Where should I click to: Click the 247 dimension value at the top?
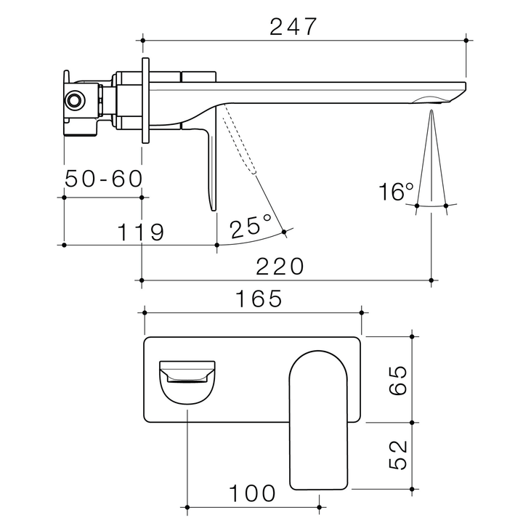pyautogui.click(x=293, y=27)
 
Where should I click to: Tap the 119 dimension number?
pyautogui.click(x=140, y=232)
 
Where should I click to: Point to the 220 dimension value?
pyautogui.click(x=280, y=267)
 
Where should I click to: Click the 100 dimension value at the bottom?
pyautogui.click(x=254, y=493)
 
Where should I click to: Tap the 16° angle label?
pyautogui.click(x=396, y=192)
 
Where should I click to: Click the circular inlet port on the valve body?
pyautogui.click(x=74, y=100)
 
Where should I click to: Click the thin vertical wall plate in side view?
pyautogui.click(x=145, y=102)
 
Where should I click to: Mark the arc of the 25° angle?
pyautogui.click(x=254, y=240)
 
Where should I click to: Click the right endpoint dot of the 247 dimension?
pyautogui.click(x=466, y=39)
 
